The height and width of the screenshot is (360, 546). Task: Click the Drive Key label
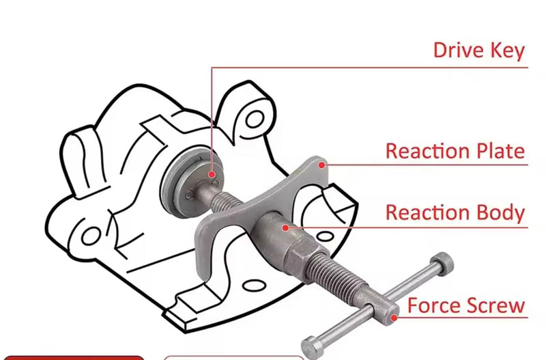click(479, 51)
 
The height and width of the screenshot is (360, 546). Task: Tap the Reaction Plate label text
click(455, 151)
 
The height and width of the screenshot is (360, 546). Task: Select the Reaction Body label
click(455, 212)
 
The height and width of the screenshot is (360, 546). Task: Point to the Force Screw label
click(466, 305)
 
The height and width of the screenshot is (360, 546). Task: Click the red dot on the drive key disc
click(212, 175)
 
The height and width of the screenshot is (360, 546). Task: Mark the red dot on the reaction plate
click(322, 165)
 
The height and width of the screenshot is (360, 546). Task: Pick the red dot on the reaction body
click(285, 228)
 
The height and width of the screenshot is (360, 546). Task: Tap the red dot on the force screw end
click(394, 318)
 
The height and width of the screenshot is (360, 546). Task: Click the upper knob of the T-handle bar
click(442, 264)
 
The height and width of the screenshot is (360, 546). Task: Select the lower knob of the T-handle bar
click(312, 348)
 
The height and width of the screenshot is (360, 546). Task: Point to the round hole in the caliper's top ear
click(255, 119)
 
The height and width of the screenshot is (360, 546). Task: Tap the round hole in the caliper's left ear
click(91, 236)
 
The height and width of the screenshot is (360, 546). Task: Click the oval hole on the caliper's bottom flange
click(254, 286)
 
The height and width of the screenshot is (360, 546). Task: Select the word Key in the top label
click(507, 51)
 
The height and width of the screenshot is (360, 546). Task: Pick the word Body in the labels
click(500, 212)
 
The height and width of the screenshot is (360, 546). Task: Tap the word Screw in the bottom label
click(496, 305)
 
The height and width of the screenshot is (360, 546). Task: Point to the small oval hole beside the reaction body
click(325, 237)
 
